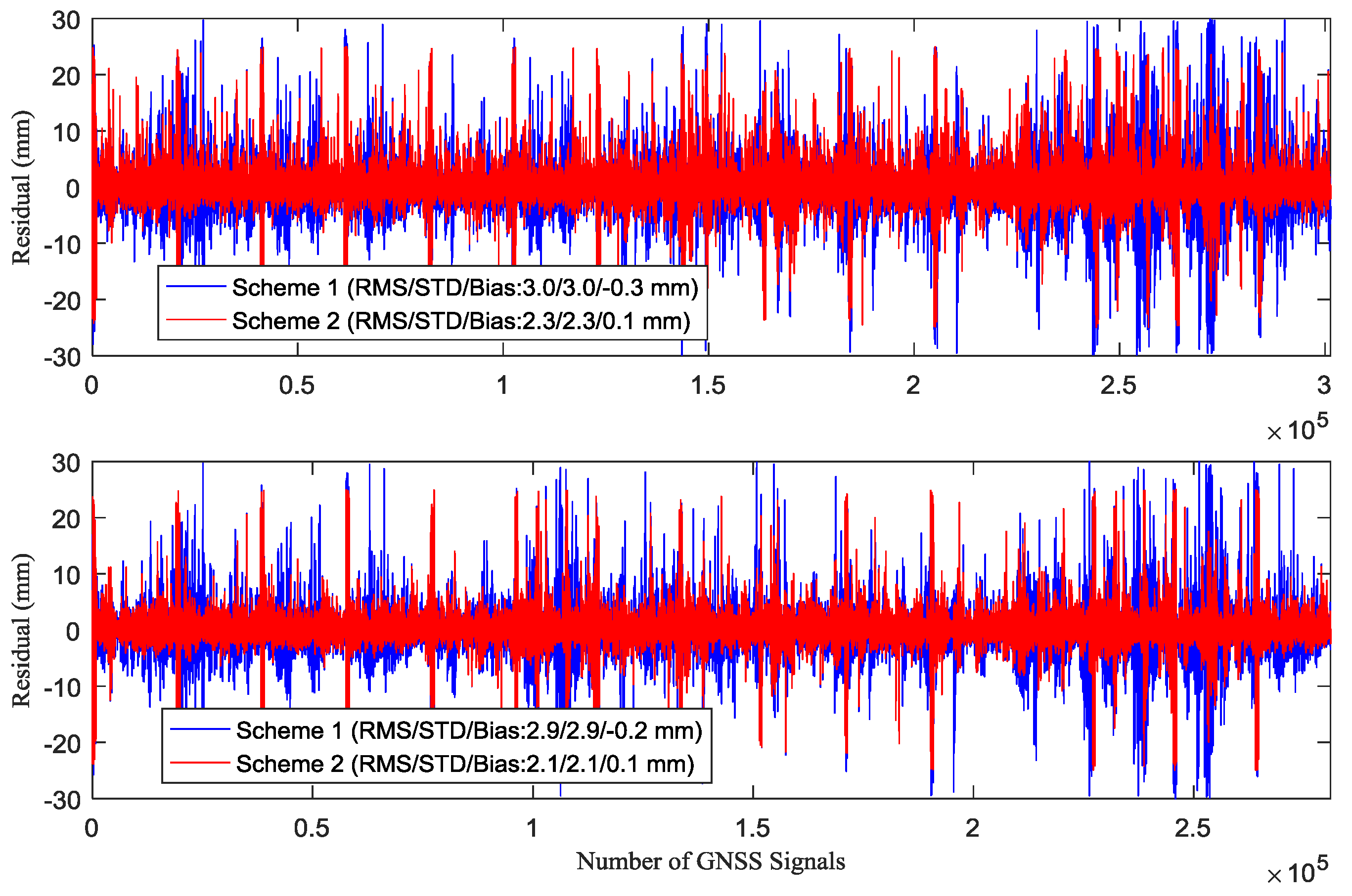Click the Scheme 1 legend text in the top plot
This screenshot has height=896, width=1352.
464,288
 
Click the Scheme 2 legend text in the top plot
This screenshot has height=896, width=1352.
461,321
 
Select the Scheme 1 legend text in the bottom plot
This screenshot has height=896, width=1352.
469,730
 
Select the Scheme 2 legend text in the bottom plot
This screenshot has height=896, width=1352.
465,764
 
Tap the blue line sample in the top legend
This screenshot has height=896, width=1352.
195,286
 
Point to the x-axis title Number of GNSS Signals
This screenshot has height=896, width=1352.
710,861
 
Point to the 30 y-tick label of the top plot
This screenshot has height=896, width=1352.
66,21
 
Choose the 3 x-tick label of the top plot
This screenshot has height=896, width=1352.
1323,385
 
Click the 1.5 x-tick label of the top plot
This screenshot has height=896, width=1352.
708,385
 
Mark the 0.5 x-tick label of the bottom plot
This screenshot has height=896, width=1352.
312,829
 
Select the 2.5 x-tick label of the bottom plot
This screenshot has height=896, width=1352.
1192,829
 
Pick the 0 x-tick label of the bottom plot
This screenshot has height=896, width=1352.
91,829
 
